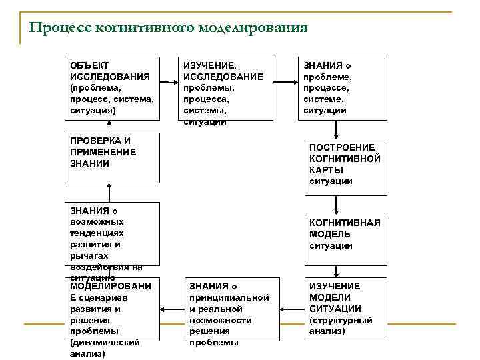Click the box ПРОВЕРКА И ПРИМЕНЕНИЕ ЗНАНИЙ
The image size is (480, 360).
[112, 157]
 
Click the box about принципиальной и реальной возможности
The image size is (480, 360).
[229, 311]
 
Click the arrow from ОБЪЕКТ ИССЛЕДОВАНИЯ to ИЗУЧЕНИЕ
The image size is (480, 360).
[169, 82]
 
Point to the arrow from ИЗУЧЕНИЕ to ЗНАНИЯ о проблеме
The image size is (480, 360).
[285, 82]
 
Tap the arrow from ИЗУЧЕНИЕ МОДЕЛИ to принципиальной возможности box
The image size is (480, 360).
[289, 310]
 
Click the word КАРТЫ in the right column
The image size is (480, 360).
[327, 170]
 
